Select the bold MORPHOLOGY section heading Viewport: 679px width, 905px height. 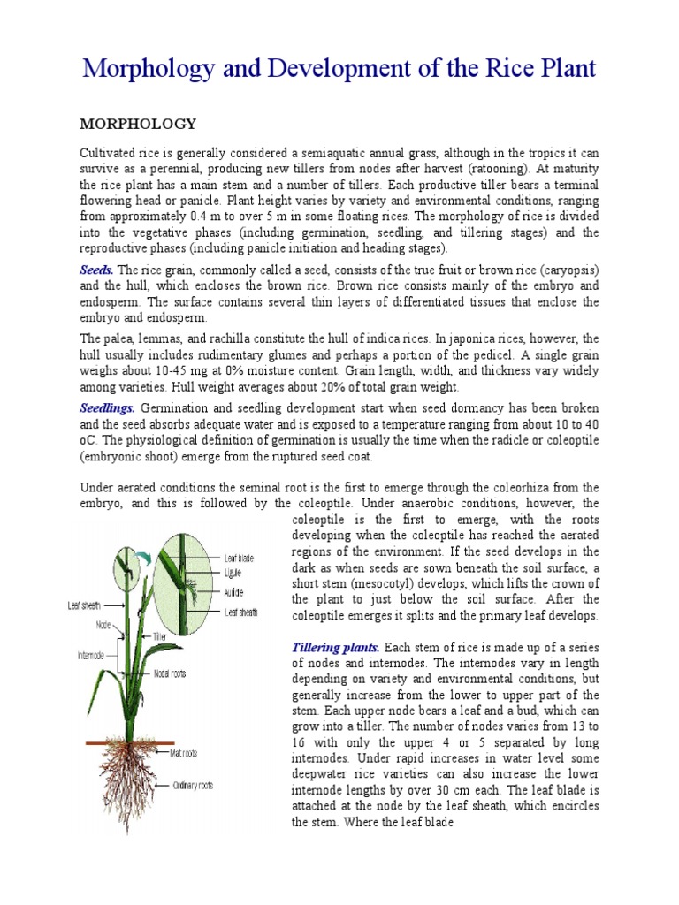coord(138,123)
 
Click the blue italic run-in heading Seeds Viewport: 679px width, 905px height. coord(97,270)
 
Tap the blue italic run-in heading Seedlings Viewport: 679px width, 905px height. coord(108,407)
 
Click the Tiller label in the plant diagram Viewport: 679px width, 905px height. coord(159,636)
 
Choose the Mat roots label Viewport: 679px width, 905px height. coord(183,753)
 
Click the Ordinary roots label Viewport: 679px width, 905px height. coord(193,783)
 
